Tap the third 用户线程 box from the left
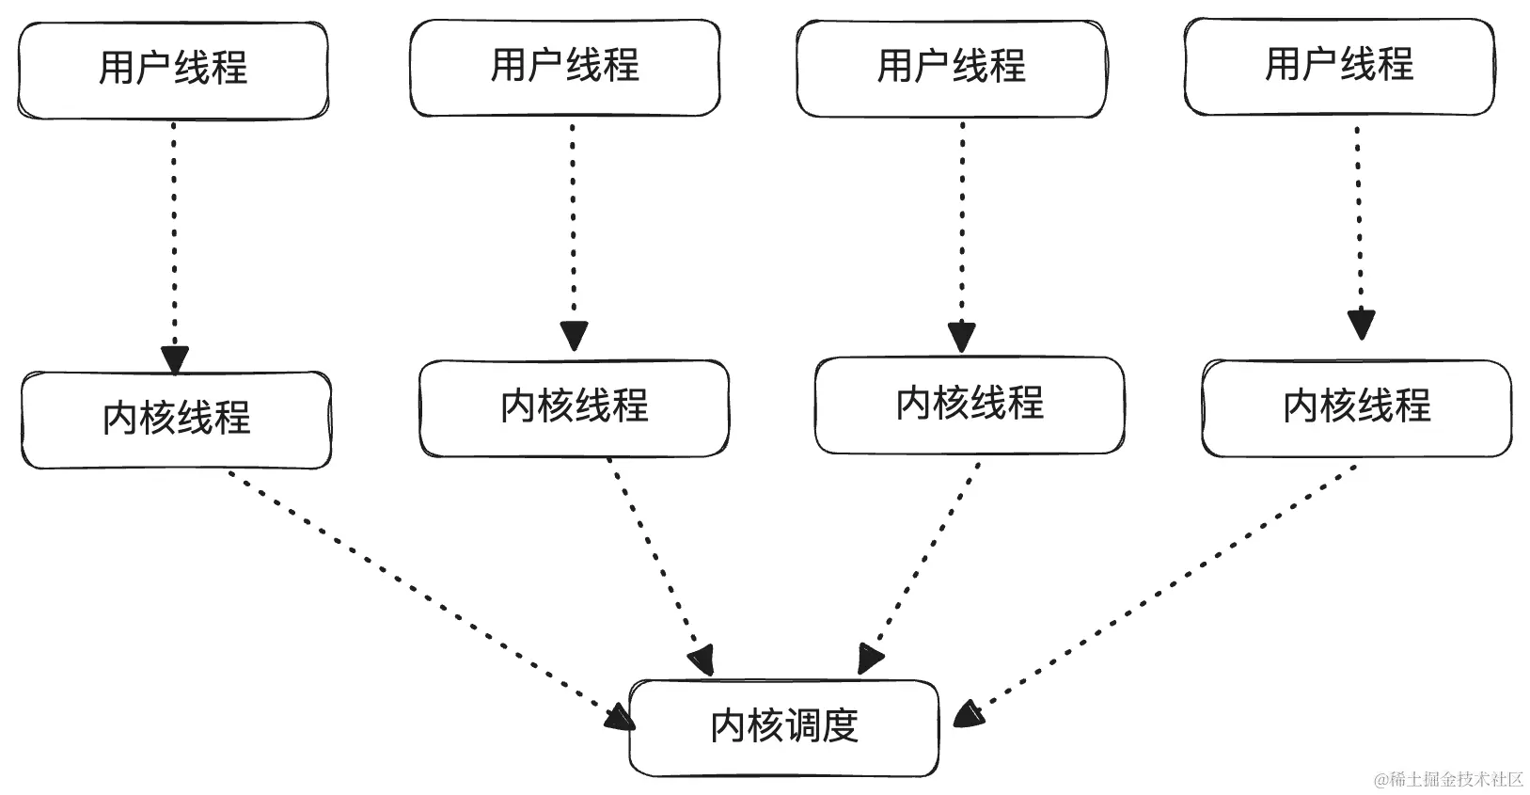coord(951,68)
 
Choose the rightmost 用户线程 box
coord(1338,66)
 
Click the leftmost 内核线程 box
coord(176,420)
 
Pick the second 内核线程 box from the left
coord(574,407)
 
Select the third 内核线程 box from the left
coord(970,405)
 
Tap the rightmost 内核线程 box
coord(1356,407)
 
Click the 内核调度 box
coord(783,727)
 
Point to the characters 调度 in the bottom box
coord(823,726)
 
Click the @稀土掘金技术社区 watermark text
coord(1448,779)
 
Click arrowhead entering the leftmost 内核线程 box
coord(175,359)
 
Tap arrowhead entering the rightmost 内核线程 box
coord(1361,325)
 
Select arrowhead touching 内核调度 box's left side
coord(619,718)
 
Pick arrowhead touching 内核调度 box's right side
coord(969,714)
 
